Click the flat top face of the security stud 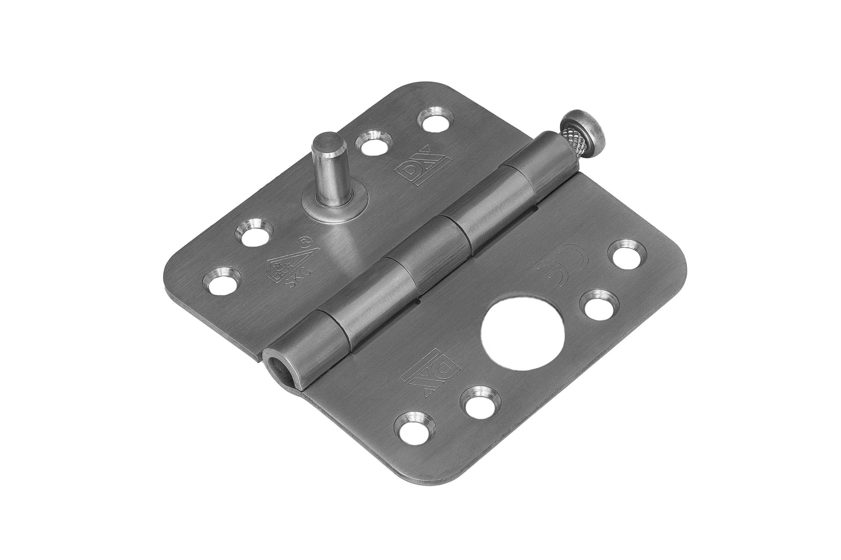[326, 141]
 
